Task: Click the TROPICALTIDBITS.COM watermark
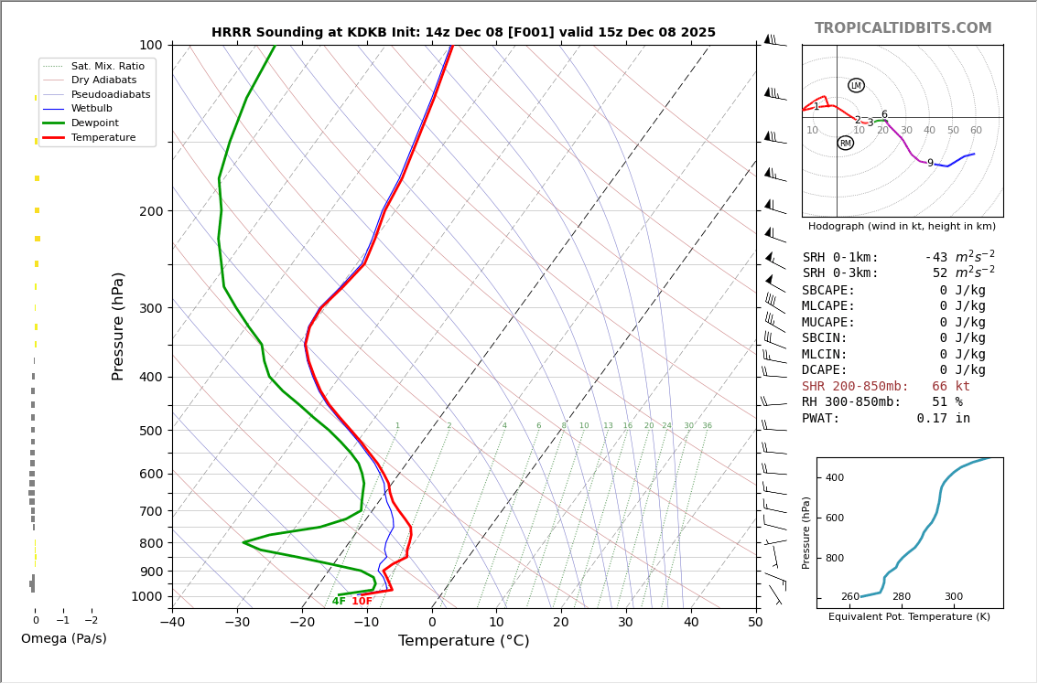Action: coord(903,28)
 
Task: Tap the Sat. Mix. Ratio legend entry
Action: coord(107,66)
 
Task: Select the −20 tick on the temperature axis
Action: coord(302,623)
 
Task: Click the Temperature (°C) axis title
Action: coord(463,641)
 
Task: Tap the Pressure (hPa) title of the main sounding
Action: coord(119,326)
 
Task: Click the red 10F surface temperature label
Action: coord(362,602)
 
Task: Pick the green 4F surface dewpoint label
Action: coord(339,602)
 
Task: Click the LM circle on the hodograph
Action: coord(856,85)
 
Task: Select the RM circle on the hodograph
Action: coord(845,143)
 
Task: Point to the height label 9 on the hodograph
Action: coord(930,164)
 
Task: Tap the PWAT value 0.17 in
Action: coord(943,419)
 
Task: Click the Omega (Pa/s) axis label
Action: coord(63,639)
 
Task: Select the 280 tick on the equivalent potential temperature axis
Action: coord(902,597)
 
